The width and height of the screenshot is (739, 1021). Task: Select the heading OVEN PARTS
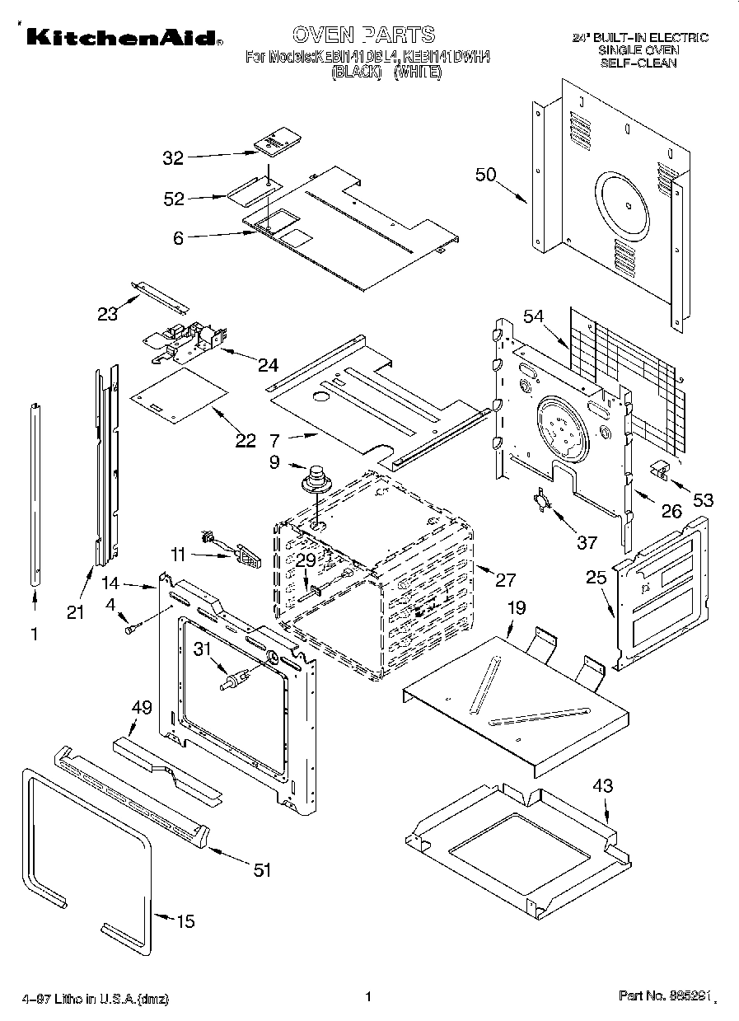coord(363,35)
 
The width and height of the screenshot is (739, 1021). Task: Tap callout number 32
coord(173,158)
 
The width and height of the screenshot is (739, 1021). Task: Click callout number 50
coord(487,175)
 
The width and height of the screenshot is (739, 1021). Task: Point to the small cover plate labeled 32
coord(274,142)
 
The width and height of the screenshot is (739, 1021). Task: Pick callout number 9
coord(274,463)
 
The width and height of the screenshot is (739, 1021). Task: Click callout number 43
coord(603,786)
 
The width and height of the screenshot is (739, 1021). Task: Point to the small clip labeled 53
coord(659,469)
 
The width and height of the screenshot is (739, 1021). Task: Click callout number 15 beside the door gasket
coord(186,920)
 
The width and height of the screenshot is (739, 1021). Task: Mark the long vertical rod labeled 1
coord(35,494)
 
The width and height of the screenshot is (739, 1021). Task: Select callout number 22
coord(246,440)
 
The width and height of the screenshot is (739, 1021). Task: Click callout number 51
coord(261,869)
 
